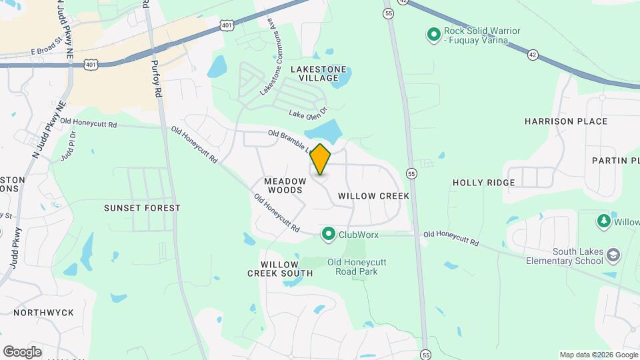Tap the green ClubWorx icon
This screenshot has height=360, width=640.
tap(329, 234)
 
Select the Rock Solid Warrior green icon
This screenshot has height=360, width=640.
tap(433, 33)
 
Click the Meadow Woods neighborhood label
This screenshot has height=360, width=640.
tap(285, 185)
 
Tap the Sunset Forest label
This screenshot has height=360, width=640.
tap(142, 208)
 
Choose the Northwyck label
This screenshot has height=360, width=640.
tap(43, 312)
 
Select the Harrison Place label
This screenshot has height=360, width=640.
tap(566, 121)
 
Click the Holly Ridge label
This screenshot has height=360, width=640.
tap(483, 182)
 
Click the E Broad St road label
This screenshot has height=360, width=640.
tap(50, 51)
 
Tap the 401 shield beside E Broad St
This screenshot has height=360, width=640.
tap(91, 65)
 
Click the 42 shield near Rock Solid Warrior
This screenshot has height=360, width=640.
tap(532, 55)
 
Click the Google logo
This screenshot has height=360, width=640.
tap(22, 352)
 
